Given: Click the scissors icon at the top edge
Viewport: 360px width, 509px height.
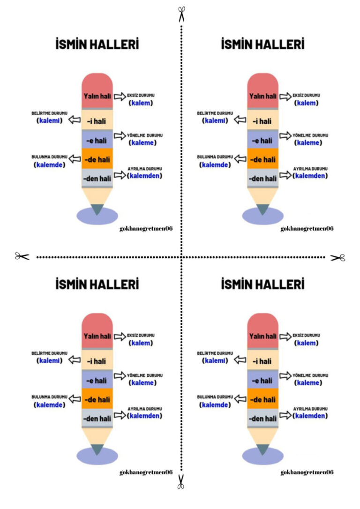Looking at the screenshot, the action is click(181, 14).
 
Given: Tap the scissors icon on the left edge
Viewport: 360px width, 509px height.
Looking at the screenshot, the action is click(22, 256).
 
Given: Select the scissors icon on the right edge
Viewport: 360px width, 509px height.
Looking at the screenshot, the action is click(338, 258).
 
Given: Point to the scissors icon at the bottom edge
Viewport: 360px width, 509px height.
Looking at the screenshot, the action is click(181, 481).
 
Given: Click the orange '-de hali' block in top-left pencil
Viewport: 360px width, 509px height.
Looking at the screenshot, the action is click(97, 159).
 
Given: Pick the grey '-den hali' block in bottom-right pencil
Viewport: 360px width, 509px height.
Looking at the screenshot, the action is click(262, 418).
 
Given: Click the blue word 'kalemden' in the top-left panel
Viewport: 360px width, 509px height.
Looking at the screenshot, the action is click(144, 176).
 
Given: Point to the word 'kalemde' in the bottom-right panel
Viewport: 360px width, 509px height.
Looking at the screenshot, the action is click(215, 405).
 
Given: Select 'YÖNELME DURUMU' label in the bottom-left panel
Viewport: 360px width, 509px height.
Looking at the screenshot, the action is click(145, 375).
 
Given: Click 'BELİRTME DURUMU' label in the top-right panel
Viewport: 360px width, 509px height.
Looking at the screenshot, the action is click(215, 113).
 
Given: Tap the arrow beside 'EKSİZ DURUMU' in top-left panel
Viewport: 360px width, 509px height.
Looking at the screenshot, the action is click(120, 96).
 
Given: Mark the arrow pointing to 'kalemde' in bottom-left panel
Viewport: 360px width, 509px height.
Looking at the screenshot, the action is click(75, 399).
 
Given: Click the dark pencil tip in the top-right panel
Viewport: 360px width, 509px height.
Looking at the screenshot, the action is click(262, 209).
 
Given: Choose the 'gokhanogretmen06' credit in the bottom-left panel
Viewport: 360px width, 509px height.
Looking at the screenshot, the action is click(146, 472).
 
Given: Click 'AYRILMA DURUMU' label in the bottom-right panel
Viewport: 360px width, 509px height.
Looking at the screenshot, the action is click(310, 409).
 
